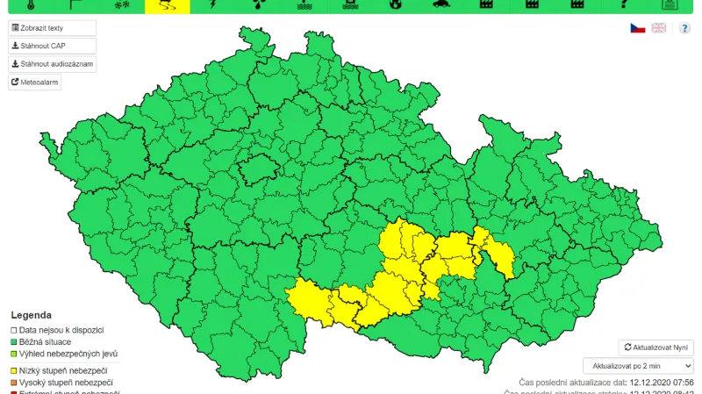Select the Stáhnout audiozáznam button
click(x=52, y=64)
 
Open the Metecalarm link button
click(x=35, y=82)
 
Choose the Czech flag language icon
click(x=638, y=28)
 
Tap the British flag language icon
click(x=658, y=28)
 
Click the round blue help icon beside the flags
click(x=684, y=28)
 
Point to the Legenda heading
click(x=31, y=315)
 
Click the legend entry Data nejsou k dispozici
click(x=61, y=330)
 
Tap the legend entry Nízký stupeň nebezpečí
click(x=63, y=371)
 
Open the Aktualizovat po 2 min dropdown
click(x=638, y=365)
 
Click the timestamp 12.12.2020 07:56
click(x=662, y=383)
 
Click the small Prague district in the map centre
click(x=258, y=168)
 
